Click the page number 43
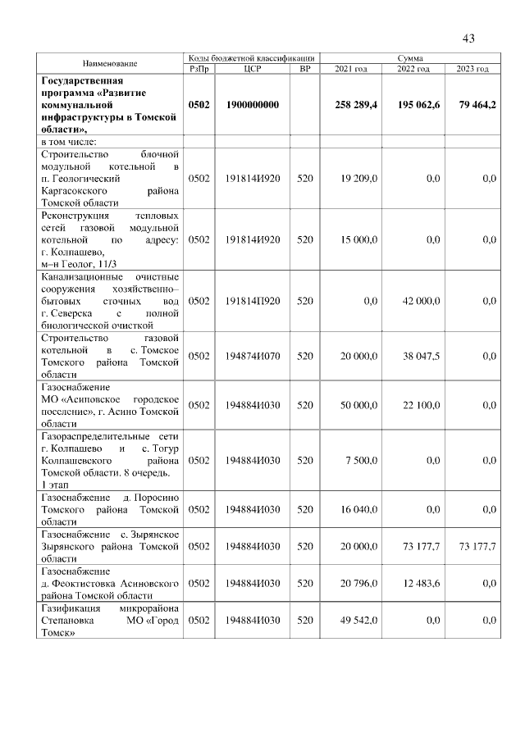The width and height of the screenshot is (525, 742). coord(469,38)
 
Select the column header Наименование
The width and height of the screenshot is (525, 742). coord(109,63)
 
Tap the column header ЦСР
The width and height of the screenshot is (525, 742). coord(252,69)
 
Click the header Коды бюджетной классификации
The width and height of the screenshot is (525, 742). coord(251,58)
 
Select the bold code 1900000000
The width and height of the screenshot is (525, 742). coord(252,105)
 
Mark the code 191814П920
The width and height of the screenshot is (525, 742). coord(252,301)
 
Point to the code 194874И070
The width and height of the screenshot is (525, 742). coord(252,356)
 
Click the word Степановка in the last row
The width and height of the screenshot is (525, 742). coord(65,621)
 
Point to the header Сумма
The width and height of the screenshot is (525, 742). coord(410,58)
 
